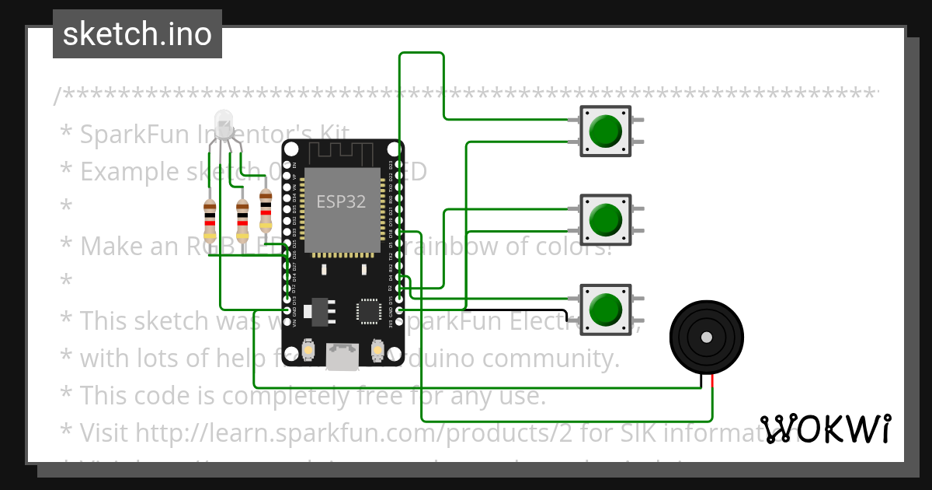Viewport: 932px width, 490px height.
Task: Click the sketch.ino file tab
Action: pos(137,34)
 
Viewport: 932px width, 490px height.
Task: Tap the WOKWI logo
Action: pos(826,429)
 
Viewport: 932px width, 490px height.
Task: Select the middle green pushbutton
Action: pos(605,219)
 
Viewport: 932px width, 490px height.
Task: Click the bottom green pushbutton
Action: pos(605,309)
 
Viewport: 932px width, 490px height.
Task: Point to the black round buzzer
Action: pos(706,338)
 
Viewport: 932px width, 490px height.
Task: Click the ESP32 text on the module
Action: pos(341,201)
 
